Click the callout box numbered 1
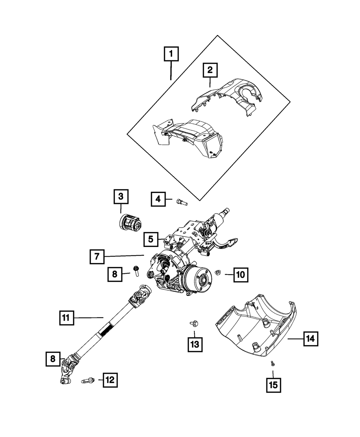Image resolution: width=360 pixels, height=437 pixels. pos(171,54)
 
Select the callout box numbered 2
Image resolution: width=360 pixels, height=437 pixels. pos(210,70)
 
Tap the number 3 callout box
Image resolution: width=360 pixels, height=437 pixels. pos(121,197)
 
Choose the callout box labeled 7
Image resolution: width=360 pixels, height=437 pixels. pos(97,256)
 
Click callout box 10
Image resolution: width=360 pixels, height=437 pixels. pos(241,275)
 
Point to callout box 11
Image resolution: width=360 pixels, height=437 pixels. pos(67,318)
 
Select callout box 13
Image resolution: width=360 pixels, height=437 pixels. pos(195,344)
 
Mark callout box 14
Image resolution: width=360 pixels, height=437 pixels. pos(311,339)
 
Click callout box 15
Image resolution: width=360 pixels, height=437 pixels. pos(274,385)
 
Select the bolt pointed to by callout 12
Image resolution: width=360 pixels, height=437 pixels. pos(87,381)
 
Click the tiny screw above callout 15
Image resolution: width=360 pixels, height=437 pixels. pos(273,364)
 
